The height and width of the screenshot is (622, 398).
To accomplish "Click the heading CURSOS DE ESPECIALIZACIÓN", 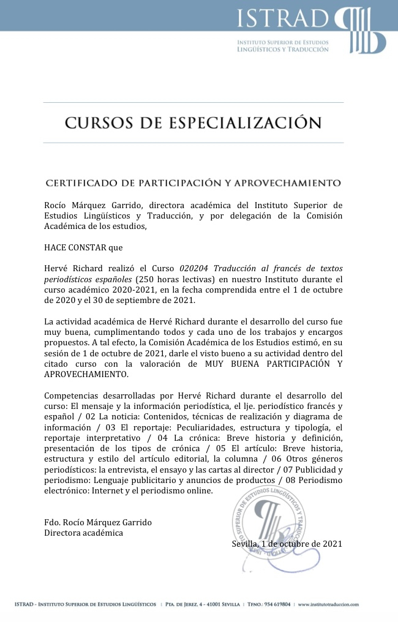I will click(193, 122).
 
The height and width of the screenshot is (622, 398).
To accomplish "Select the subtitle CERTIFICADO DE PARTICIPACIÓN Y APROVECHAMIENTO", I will click(193, 182).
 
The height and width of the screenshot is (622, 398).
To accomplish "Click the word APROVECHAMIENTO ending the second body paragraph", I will click(86, 374).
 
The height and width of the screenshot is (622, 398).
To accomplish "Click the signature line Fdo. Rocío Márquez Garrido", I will click(98, 522).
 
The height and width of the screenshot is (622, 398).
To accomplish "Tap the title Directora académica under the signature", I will click(83, 533).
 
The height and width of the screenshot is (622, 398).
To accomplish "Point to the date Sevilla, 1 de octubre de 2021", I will click(287, 544).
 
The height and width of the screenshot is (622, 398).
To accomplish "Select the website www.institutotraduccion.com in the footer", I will click(328, 605).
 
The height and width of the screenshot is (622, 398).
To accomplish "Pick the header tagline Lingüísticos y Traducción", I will click(282, 49).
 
